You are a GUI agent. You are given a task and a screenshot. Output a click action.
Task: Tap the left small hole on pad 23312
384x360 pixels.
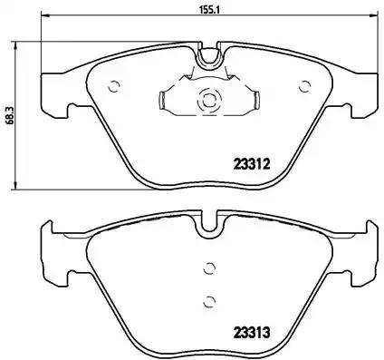point(113,88)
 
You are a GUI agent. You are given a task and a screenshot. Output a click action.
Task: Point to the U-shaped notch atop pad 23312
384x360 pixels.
point(209,58)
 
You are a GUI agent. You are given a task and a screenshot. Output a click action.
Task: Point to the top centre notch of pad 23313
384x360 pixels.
point(209,221)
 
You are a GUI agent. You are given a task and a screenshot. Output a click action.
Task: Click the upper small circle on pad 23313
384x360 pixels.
point(209,268)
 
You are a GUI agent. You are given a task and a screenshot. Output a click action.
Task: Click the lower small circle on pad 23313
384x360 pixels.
point(209,300)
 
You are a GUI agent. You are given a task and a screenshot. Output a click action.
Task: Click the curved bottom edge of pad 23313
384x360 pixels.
point(209,351)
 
